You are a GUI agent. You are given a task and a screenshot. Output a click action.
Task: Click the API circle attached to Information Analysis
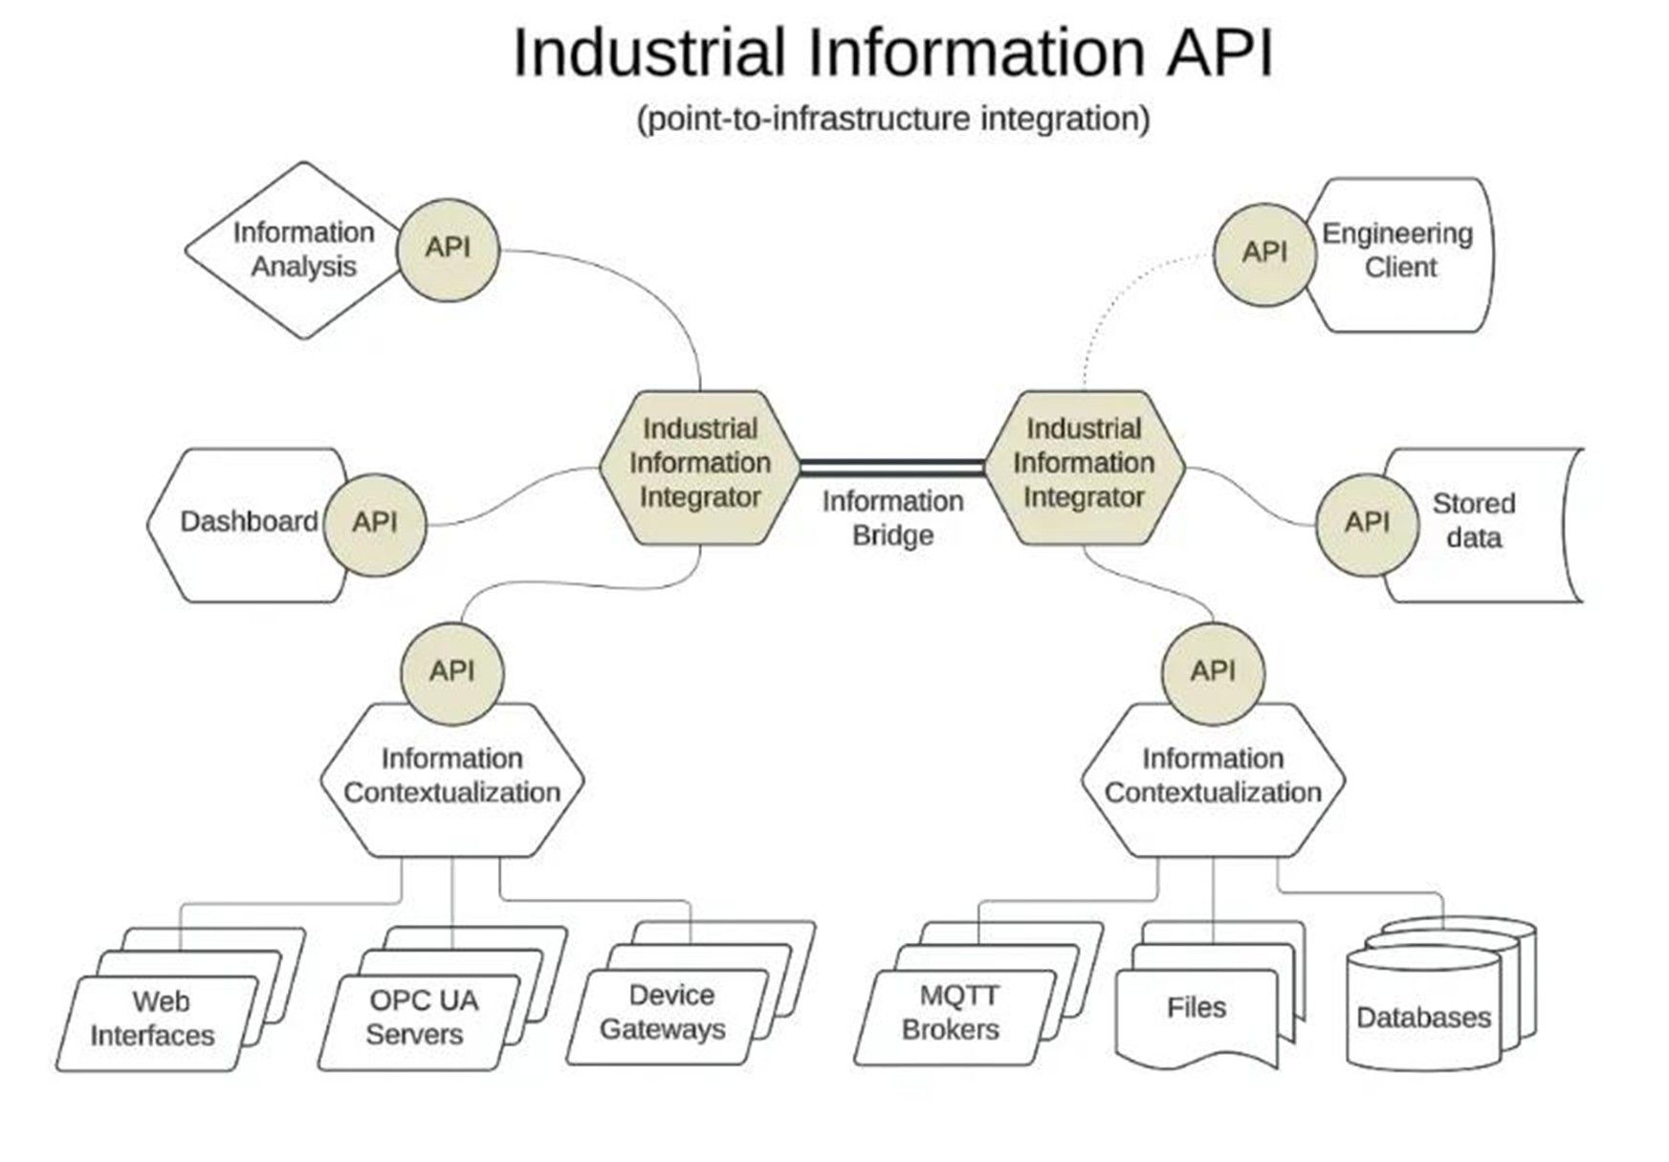pyautogui.click(x=448, y=249)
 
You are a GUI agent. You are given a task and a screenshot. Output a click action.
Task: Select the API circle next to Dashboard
pyautogui.click(x=375, y=522)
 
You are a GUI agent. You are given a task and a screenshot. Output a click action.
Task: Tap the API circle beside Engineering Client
pyautogui.click(x=1264, y=253)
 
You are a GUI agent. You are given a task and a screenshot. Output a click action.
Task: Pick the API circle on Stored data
pyautogui.click(x=1367, y=523)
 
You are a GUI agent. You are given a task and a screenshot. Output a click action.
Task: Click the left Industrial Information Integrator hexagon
pyautogui.click(x=700, y=468)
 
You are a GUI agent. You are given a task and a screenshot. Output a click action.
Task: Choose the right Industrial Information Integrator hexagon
pyautogui.click(x=1084, y=468)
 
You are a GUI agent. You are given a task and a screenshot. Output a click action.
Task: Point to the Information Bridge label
pyautogui.click(x=892, y=518)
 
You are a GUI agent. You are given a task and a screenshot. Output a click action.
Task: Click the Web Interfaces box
pyautogui.click(x=158, y=1022)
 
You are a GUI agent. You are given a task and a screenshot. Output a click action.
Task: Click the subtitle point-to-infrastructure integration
pyautogui.click(x=893, y=120)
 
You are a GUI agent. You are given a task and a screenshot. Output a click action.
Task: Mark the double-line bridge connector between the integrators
pyautogui.click(x=892, y=468)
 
